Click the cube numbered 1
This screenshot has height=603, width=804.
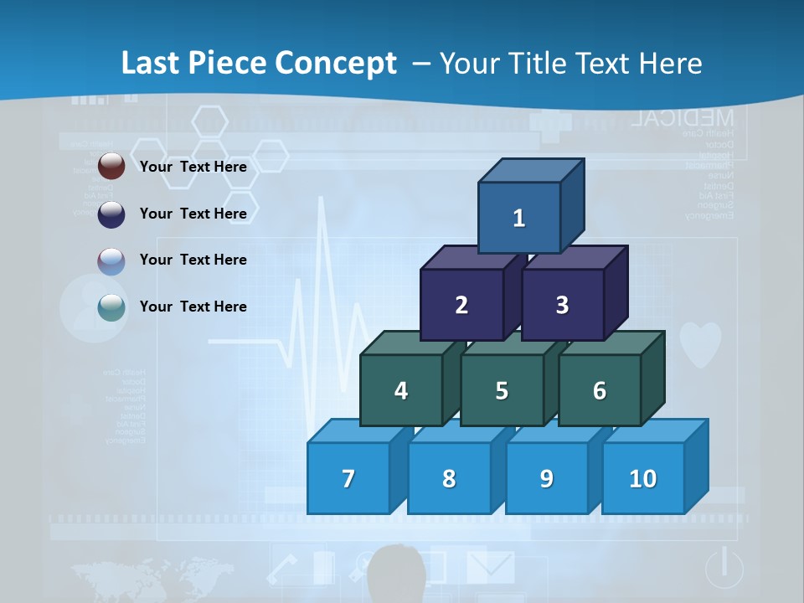point(519,218)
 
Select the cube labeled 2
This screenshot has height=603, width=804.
point(461,305)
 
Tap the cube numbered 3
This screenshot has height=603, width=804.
point(562,305)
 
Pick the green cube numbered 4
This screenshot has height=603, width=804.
point(401,390)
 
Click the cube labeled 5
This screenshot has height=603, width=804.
point(502,390)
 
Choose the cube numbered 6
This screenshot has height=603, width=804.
point(600,390)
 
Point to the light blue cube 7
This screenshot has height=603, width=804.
point(348,478)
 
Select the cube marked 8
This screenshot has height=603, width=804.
point(449,478)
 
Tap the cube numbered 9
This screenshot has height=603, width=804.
point(547,478)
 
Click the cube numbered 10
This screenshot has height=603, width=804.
point(643,478)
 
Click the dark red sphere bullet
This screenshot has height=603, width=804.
point(111,167)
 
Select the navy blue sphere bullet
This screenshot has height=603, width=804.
point(111,214)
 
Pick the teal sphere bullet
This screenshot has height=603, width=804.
point(111,307)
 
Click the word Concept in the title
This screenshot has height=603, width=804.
point(336,64)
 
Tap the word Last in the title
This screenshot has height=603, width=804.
point(152,64)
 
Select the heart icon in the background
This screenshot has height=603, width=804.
point(700,344)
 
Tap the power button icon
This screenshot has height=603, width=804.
point(724,567)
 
